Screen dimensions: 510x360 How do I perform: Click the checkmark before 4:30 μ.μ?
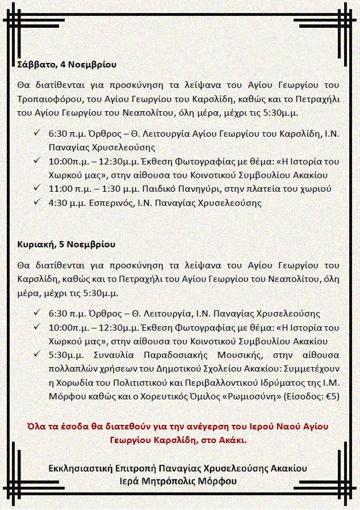point(37,202)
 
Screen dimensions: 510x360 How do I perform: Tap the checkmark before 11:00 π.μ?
point(37,188)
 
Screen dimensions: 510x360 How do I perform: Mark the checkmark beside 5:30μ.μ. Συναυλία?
point(37,354)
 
